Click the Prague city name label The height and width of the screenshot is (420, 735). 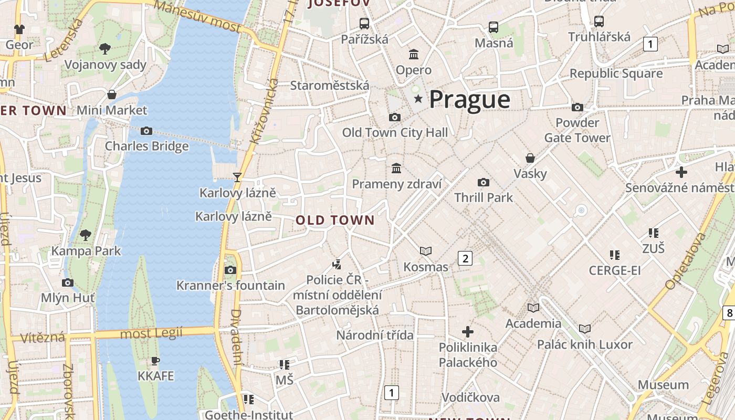[x=469, y=100]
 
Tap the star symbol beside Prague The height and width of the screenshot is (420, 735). [x=418, y=99]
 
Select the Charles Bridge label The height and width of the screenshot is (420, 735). [x=146, y=146]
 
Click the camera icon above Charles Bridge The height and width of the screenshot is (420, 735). [x=146, y=131]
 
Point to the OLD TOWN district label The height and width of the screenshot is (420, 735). [x=335, y=220]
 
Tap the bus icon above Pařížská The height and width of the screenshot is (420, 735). [x=364, y=23]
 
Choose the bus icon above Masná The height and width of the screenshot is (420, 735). [x=493, y=27]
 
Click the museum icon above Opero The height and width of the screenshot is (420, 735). [x=414, y=54]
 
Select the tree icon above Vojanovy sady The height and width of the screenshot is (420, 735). [x=105, y=49]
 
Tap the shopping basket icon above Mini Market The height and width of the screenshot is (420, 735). [x=112, y=94]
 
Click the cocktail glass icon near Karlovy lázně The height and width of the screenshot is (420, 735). [x=237, y=177]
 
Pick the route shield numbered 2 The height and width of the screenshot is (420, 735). [x=465, y=258]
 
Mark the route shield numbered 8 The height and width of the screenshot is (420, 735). [x=729, y=313]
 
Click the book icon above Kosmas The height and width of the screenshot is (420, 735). [x=426, y=251]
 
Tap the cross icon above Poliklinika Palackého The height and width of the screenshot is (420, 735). [x=468, y=332]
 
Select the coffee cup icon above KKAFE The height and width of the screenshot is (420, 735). [x=155, y=361]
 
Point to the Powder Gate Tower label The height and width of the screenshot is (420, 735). [x=577, y=130]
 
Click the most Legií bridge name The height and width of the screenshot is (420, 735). [x=151, y=333]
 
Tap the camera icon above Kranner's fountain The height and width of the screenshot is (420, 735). [x=230, y=270]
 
